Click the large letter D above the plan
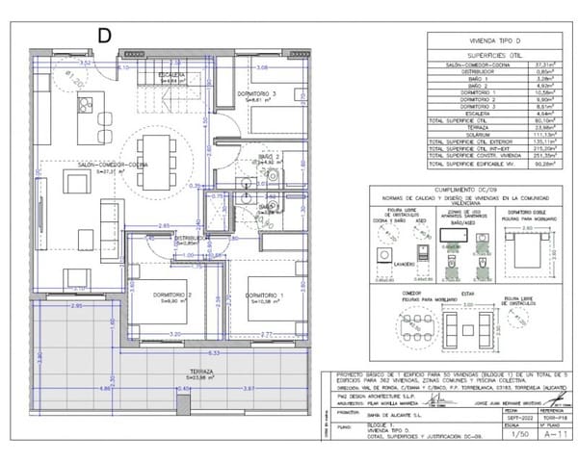104,34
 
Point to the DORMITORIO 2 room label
173,295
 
